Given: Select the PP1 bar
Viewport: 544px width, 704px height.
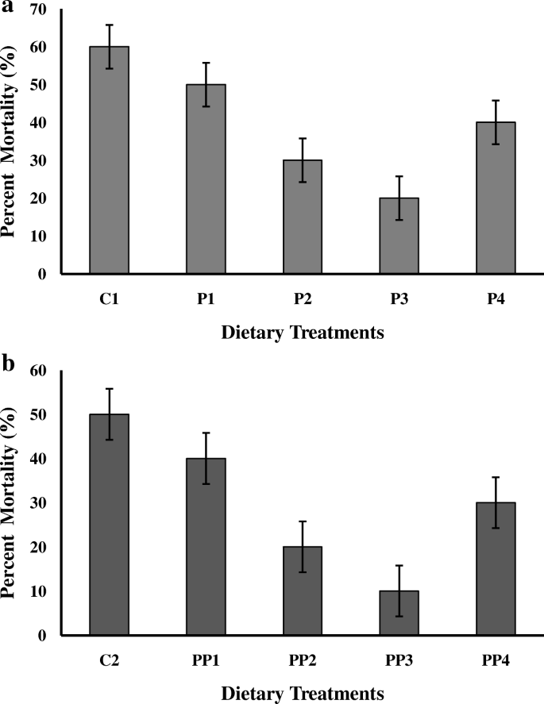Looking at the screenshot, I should coord(206,547).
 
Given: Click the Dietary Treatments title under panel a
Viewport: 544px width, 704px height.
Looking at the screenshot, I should coord(303,333).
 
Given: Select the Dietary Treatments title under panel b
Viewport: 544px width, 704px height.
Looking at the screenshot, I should coord(303,693).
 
